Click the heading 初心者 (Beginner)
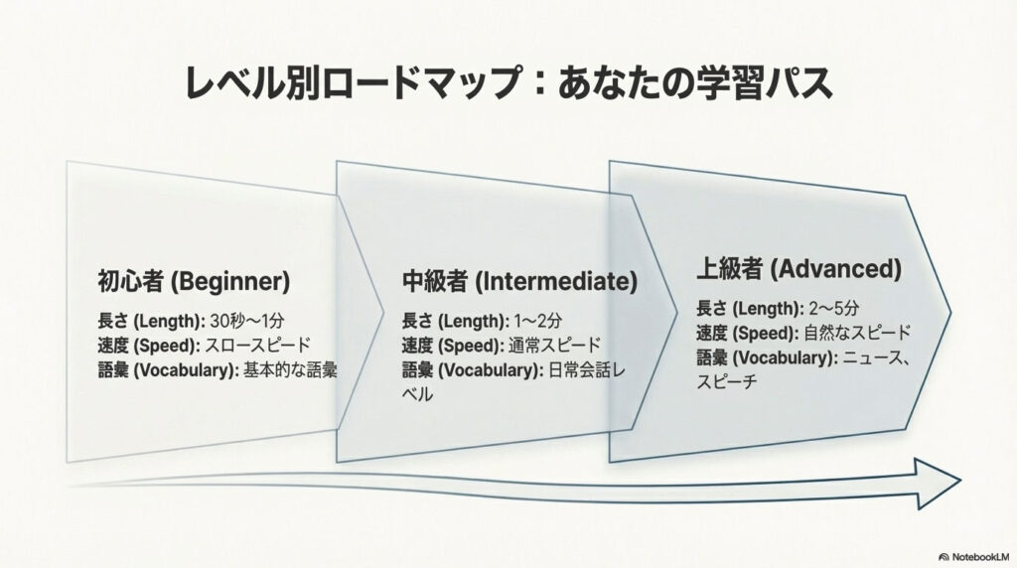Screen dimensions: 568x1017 tap(193, 281)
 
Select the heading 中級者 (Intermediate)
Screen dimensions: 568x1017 tap(519, 281)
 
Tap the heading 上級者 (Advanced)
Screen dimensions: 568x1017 tap(799, 268)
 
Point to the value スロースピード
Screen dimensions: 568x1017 tap(257, 346)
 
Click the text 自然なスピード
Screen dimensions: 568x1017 tap(858, 333)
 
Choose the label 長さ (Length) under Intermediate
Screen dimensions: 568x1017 tap(455, 321)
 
